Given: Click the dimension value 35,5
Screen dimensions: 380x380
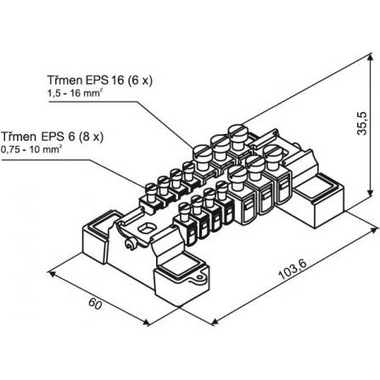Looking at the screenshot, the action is pyautogui.click(x=362, y=123).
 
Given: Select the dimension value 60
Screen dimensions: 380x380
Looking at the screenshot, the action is pyautogui.click(x=95, y=304).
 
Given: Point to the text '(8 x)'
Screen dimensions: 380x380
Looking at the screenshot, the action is pyautogui.click(x=91, y=137).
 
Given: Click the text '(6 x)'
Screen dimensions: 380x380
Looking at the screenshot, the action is pyautogui.click(x=140, y=81).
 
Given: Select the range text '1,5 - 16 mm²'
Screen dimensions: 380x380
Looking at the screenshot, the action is pyautogui.click(x=75, y=93).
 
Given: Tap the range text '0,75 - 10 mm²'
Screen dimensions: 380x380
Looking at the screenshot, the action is pyautogui.click(x=31, y=149).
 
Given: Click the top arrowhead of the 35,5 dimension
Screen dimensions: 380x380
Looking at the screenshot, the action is pyautogui.click(x=370, y=59).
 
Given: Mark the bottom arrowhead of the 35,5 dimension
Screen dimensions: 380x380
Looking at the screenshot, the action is pyautogui.click(x=370, y=193).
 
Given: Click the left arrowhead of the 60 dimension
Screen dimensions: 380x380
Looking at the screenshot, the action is pyautogui.click(x=51, y=273).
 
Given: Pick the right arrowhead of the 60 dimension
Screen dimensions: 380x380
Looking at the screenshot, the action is pyautogui.click(x=147, y=322).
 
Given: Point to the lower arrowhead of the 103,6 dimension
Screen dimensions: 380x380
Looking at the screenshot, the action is pyautogui.click(x=215, y=321).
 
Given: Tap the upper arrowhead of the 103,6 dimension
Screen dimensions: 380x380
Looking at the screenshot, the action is pyautogui.click(x=374, y=228).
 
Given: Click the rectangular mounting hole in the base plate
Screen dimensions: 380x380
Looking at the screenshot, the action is pyautogui.click(x=147, y=228).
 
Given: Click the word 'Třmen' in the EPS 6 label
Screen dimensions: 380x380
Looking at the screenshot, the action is pyautogui.click(x=19, y=137).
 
